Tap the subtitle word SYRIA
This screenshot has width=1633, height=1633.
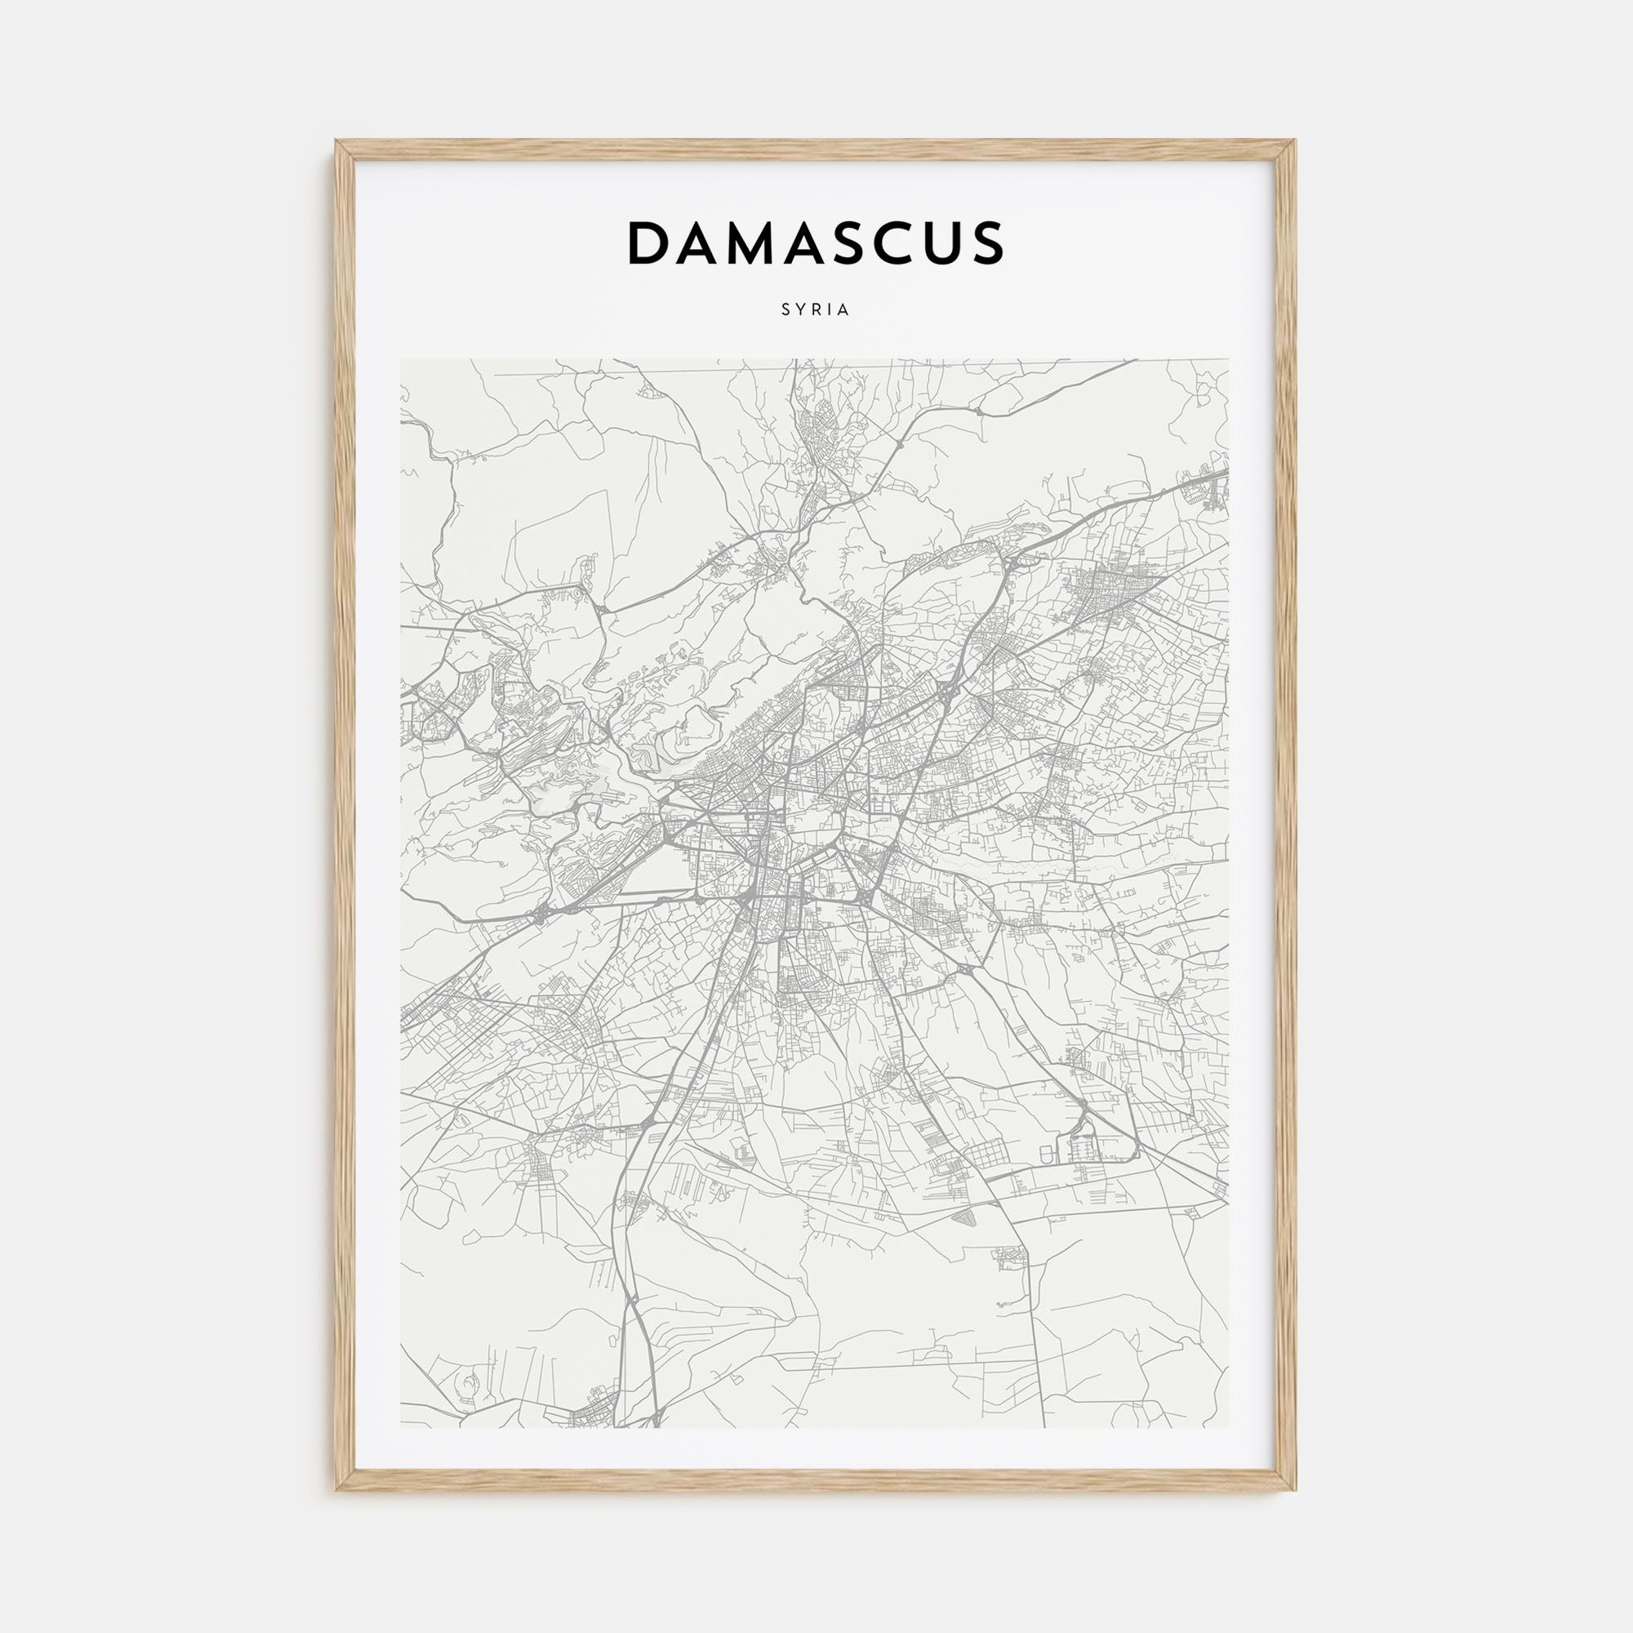pos(816,310)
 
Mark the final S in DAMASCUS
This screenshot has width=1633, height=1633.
pos(986,243)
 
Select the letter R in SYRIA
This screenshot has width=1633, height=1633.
pos(817,310)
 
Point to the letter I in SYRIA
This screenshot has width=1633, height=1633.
pos(830,310)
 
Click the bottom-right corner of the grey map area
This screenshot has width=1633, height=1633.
pos(1228,1427)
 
